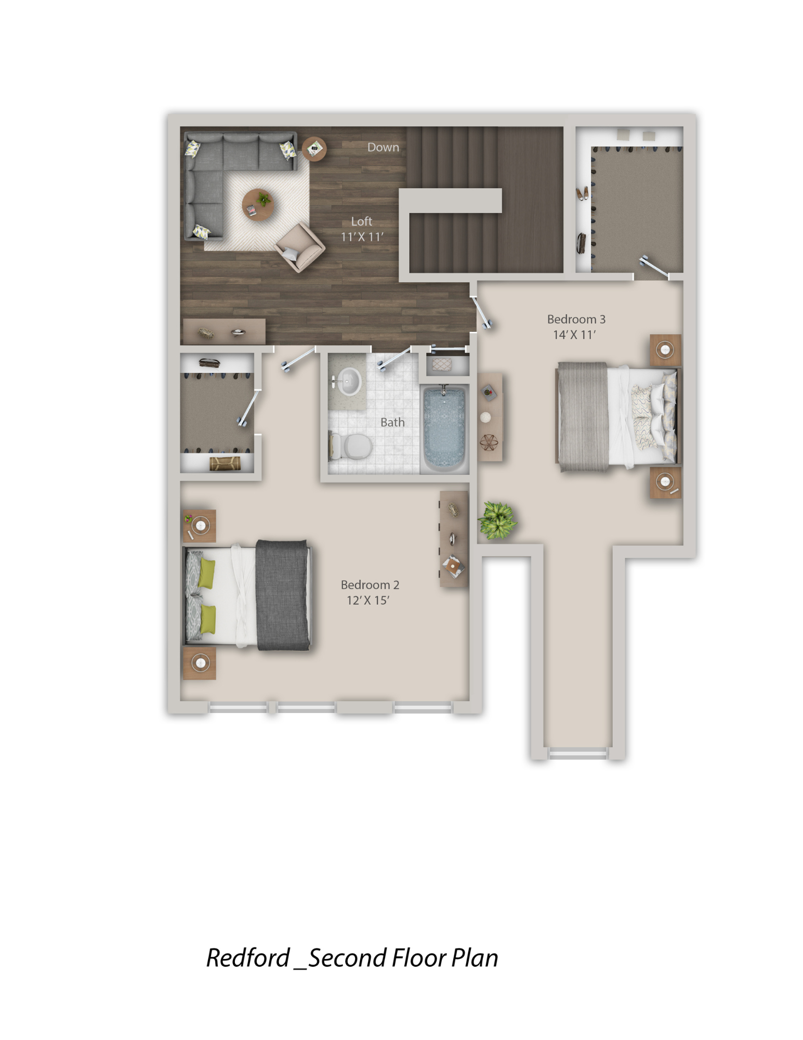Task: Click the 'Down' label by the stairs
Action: click(383, 147)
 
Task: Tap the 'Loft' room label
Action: click(361, 221)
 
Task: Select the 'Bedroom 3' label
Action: click(576, 319)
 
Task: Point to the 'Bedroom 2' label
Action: click(370, 584)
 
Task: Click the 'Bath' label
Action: click(392, 422)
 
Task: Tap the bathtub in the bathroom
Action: click(444, 428)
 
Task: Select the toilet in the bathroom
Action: click(351, 446)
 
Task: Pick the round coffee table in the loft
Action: click(258, 204)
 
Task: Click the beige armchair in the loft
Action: click(300, 247)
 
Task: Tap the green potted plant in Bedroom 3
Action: click(497, 519)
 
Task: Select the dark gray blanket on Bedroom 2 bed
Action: click(282, 595)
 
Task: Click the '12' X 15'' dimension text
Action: click(368, 600)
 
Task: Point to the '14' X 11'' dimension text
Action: click(574, 334)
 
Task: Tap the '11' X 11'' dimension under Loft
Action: click(362, 237)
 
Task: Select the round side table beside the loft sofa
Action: click(314, 149)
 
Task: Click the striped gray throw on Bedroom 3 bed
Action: click(583, 417)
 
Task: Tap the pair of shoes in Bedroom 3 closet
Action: click(582, 193)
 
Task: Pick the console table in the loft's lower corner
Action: click(224, 332)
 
